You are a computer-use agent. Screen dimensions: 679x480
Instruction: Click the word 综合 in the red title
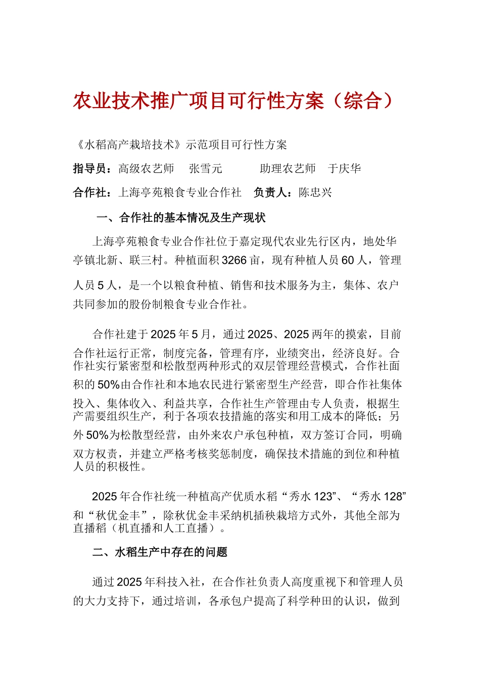pyautogui.click(x=362, y=101)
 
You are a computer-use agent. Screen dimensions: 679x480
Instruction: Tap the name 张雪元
pyautogui.click(x=206, y=169)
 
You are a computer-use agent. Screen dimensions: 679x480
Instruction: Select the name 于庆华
pyautogui.click(x=345, y=169)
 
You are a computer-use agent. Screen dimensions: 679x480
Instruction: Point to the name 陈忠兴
pyautogui.click(x=315, y=192)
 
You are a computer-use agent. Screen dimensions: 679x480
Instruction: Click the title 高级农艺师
pyautogui.click(x=146, y=169)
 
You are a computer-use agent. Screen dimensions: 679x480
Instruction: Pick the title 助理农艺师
pyautogui.click(x=287, y=169)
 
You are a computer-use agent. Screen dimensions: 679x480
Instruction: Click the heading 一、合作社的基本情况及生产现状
pyautogui.click(x=181, y=218)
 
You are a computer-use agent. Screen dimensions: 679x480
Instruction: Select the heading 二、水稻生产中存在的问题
pyautogui.click(x=160, y=552)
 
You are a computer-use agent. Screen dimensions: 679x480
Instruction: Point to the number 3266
pyautogui.click(x=234, y=261)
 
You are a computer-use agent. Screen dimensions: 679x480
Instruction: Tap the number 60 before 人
pyautogui.click(x=348, y=261)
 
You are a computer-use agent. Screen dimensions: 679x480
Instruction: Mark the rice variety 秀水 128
pyautogui.click(x=380, y=497)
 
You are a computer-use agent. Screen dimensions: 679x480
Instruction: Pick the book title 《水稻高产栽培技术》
pyautogui.click(x=129, y=145)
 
